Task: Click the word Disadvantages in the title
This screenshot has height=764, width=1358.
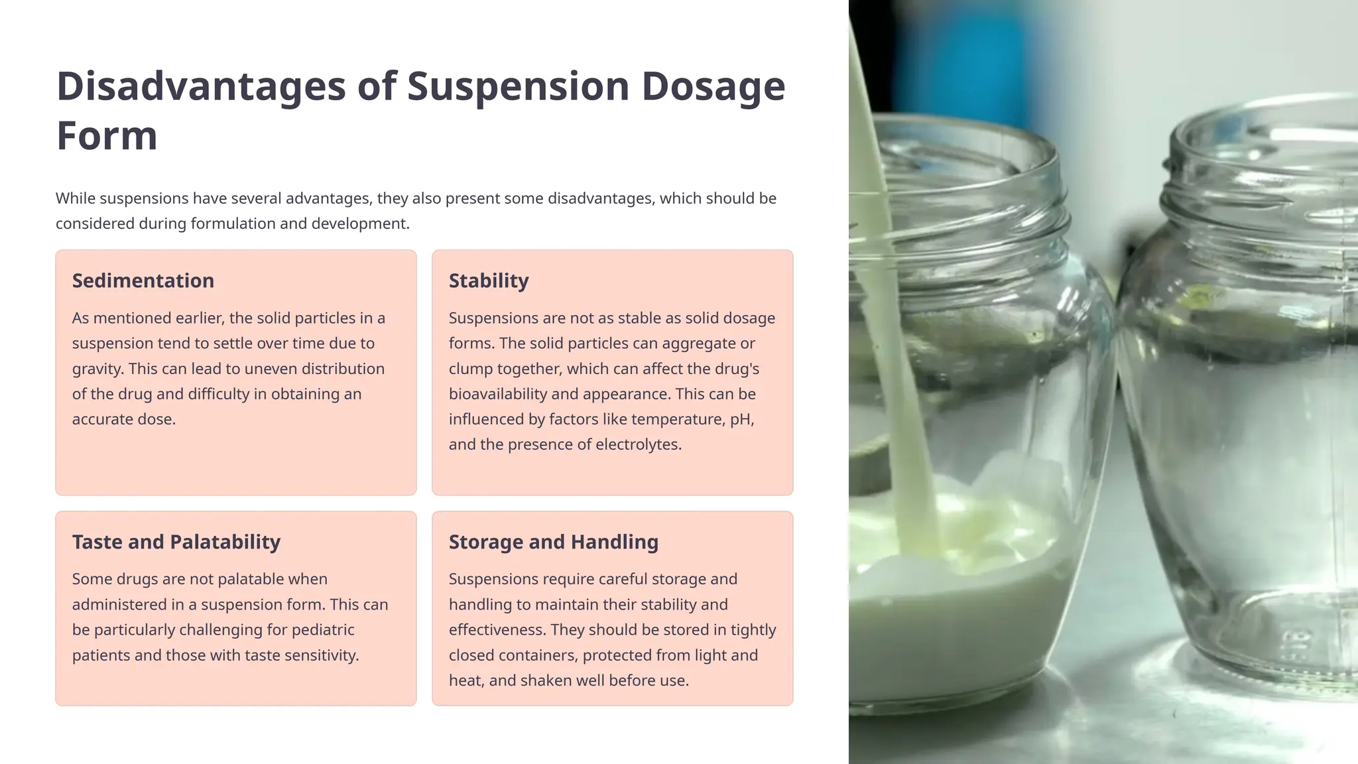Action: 201,86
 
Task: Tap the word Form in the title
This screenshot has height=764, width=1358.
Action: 107,136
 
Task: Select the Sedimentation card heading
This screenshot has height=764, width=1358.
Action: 143,281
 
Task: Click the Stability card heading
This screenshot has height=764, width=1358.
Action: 489,281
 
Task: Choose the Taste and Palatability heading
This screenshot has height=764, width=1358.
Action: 176,542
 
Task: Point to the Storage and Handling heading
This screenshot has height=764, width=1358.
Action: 554,542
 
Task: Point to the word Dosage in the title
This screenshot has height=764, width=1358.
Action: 713,86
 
